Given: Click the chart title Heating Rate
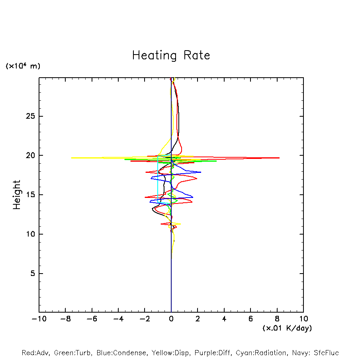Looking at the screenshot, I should pyautogui.click(x=171, y=55).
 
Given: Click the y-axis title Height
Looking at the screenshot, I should pyautogui.click(x=17, y=195).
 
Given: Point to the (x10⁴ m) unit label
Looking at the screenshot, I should pyautogui.click(x=23, y=66).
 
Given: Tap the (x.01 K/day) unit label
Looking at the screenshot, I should pyautogui.click(x=287, y=328).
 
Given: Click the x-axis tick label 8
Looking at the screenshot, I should pyautogui.click(x=277, y=319).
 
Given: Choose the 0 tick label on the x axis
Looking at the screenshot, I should pyautogui.click(x=171, y=319).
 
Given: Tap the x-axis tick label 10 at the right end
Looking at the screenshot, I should pyautogui.click(x=303, y=319).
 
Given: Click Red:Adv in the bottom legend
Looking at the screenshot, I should pyautogui.click(x=35, y=353).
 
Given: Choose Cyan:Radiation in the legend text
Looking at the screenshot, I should pyautogui.click(x=261, y=353).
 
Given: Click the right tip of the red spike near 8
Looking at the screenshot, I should pyautogui.click(x=279, y=158).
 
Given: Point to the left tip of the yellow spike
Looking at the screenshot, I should pyautogui.click(x=72, y=158).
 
